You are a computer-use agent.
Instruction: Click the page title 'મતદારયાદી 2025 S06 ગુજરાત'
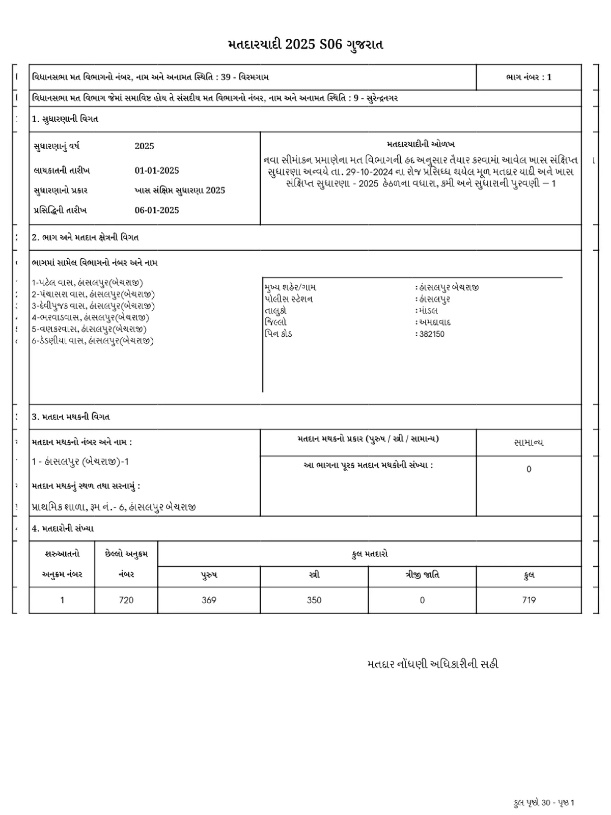305,44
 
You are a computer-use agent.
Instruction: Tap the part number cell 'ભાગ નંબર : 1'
529,77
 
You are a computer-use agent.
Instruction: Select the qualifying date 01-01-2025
157,171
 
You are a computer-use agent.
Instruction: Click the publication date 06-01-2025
157,210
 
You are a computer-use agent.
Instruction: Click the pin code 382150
431,334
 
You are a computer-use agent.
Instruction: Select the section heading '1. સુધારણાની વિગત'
65,119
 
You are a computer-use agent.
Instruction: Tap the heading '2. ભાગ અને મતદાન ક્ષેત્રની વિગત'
85,237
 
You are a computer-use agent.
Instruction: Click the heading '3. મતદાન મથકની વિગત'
71,417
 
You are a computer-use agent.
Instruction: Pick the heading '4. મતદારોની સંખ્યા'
63,529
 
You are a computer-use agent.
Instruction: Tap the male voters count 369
209,600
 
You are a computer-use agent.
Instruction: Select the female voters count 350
314,600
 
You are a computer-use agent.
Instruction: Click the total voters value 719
529,600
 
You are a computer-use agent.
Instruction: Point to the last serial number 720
126,600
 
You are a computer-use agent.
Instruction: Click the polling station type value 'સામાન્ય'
529,443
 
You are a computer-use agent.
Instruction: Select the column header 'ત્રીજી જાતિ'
422,575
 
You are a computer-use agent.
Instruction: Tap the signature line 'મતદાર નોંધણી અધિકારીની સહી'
432,664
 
